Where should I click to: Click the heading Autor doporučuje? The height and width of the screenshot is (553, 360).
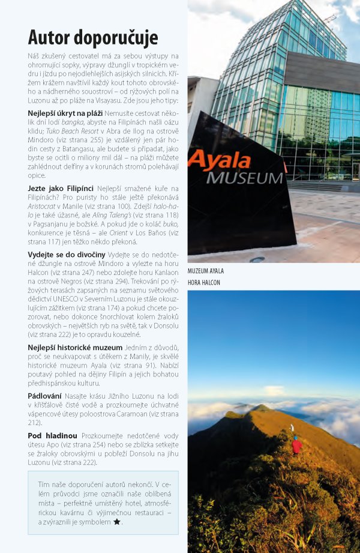click(x=93, y=37)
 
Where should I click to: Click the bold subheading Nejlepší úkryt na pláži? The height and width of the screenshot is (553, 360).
click(x=65, y=113)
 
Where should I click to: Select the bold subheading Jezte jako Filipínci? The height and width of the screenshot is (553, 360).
click(x=60, y=188)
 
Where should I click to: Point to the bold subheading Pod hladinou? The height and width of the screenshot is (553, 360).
click(x=53, y=435)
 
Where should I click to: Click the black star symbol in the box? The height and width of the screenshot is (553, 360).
click(x=117, y=522)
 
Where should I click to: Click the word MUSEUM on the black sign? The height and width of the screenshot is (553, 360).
click(x=244, y=178)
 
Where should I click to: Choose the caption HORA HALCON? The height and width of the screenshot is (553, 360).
click(x=204, y=282)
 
